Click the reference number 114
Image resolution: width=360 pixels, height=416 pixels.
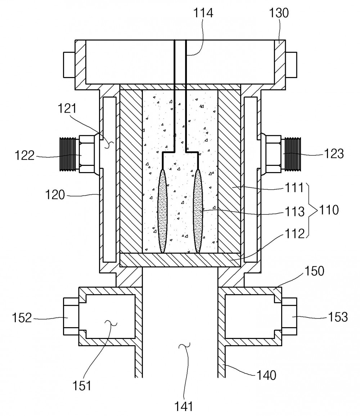203,13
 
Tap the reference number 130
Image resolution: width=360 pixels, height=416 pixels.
279,13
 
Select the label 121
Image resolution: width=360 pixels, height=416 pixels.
67,109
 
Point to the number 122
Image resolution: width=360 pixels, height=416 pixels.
24,155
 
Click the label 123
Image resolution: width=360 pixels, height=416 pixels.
334,154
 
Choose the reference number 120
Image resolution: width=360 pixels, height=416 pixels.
55,195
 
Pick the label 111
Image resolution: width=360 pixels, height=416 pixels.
294,188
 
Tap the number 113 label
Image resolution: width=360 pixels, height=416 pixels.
294,212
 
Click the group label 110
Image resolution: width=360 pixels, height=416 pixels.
329,210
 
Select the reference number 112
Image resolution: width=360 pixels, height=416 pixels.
294,234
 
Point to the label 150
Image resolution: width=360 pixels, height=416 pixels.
314,271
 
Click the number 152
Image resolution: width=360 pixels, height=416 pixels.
22,317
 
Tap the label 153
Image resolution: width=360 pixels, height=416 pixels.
338,317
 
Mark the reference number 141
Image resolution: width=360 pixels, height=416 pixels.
184,406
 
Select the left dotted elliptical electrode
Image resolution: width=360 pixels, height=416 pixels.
162,211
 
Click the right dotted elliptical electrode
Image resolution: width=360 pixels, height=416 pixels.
198,211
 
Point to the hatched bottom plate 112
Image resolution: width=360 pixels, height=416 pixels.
180,260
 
